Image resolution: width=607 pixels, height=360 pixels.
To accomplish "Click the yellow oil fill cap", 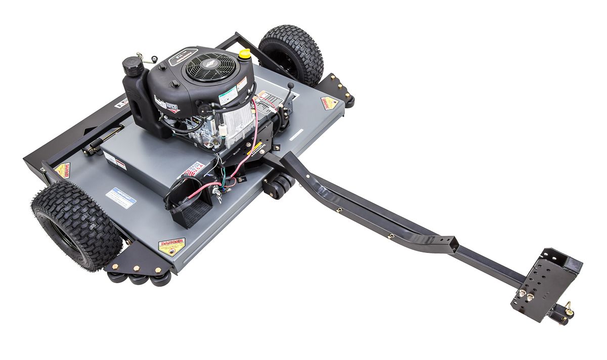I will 245,53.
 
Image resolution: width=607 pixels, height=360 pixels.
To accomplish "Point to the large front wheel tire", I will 76,225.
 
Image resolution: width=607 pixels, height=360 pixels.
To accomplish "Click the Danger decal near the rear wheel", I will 329,103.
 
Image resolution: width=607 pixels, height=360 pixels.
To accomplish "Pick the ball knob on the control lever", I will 291,86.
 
